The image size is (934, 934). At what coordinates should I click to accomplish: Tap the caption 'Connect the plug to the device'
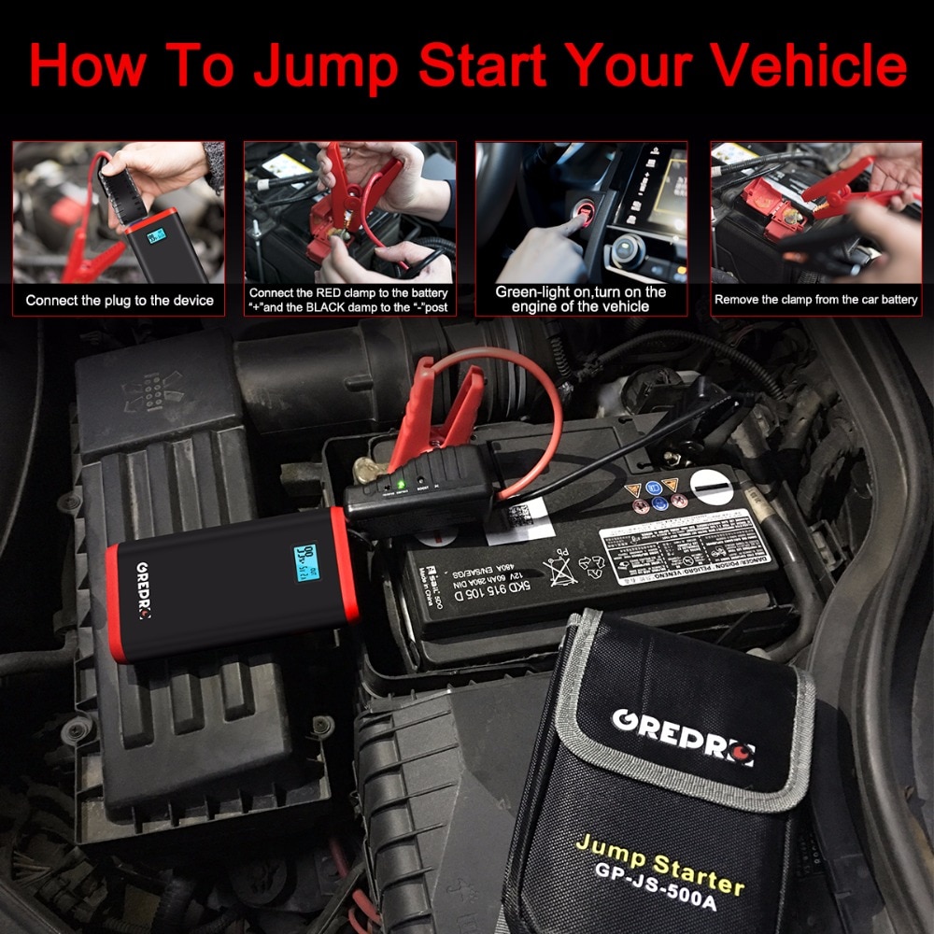pyautogui.click(x=120, y=301)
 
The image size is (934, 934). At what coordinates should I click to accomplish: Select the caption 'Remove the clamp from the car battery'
pyautogui.click(x=816, y=300)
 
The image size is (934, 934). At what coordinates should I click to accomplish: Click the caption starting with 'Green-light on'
pyautogui.click(x=581, y=299)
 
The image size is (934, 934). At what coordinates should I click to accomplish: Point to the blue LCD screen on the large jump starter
pyautogui.click(x=305, y=564)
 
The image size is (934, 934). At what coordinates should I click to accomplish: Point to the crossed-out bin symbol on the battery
pyautogui.click(x=560, y=571)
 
